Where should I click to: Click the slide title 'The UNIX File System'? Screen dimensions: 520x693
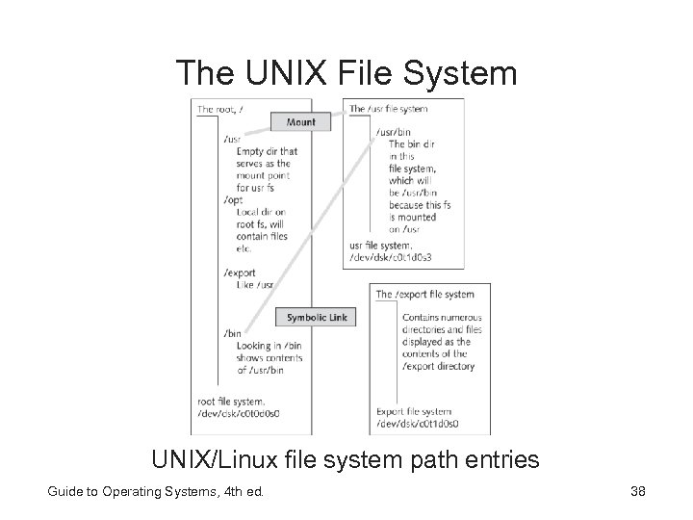(346, 72)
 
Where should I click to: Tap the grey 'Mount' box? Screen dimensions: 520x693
(301, 122)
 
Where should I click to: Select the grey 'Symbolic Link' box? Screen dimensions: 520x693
(317, 317)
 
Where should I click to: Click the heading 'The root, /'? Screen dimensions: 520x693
(220, 110)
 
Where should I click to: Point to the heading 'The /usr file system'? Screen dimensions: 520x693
(388, 109)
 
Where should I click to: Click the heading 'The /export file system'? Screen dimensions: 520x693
(424, 294)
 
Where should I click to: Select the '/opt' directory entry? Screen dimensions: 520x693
(232, 199)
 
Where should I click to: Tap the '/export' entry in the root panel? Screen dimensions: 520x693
(239, 273)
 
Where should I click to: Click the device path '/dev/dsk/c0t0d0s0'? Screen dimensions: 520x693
(240, 414)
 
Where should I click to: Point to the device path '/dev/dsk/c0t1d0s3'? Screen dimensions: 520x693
(390, 256)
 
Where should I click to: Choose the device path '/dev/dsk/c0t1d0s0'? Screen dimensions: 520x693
(418, 424)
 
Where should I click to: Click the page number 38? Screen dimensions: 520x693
(637, 493)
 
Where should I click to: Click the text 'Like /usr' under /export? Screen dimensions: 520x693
(255, 285)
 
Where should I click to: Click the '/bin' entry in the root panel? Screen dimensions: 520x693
(232, 333)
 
